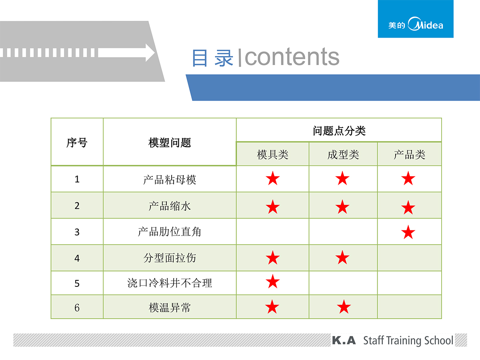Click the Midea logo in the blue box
(x=416, y=24)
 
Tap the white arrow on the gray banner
(x=126, y=53)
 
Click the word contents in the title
(x=292, y=57)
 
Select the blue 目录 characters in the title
(x=212, y=58)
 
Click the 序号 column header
(x=77, y=143)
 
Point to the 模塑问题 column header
(x=170, y=143)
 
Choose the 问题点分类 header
(x=339, y=131)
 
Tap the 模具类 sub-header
(x=273, y=154)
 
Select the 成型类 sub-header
(x=343, y=154)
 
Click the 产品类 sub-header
(x=409, y=154)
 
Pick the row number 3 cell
(x=77, y=232)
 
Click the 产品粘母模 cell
(x=170, y=180)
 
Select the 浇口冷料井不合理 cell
(x=170, y=283)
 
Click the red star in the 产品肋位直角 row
(x=408, y=232)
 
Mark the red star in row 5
(x=273, y=282)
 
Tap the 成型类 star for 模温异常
(x=344, y=307)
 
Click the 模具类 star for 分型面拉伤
(x=273, y=258)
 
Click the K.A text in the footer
(x=344, y=340)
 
